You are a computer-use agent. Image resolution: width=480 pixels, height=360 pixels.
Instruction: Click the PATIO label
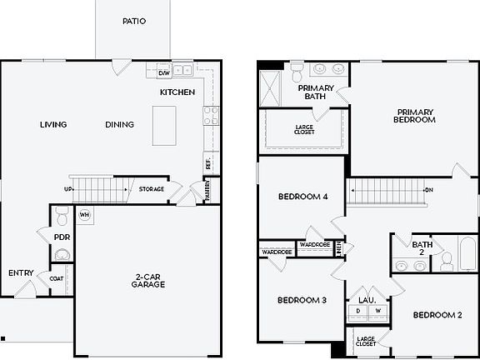click(x=133, y=22)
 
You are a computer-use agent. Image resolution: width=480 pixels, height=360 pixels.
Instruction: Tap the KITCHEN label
click(x=177, y=92)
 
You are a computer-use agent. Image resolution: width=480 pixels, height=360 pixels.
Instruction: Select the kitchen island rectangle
click(x=165, y=126)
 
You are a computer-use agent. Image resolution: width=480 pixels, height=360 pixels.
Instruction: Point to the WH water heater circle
click(x=84, y=214)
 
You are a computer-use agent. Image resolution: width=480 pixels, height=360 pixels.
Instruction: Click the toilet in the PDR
click(x=60, y=219)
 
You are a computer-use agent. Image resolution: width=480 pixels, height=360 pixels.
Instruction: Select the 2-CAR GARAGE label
click(x=147, y=279)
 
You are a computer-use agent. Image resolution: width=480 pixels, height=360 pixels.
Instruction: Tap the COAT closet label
click(x=57, y=278)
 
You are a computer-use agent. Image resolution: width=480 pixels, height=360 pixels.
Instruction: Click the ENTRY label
click(x=21, y=272)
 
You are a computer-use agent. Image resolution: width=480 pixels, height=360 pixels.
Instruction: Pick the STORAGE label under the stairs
click(x=151, y=189)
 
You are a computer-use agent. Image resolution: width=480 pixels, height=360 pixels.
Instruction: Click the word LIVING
click(x=52, y=125)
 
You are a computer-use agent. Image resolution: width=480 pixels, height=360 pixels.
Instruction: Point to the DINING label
click(x=119, y=125)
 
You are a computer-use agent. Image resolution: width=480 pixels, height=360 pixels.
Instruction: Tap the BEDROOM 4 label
click(x=302, y=197)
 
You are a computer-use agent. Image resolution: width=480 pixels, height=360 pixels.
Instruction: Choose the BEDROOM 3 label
click(x=301, y=300)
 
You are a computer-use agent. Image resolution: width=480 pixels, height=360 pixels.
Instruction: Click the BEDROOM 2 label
click(x=437, y=315)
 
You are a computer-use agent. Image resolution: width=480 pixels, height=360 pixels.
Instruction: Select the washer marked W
click(x=377, y=312)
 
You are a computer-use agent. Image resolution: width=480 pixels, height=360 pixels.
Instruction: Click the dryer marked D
click(x=358, y=312)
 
